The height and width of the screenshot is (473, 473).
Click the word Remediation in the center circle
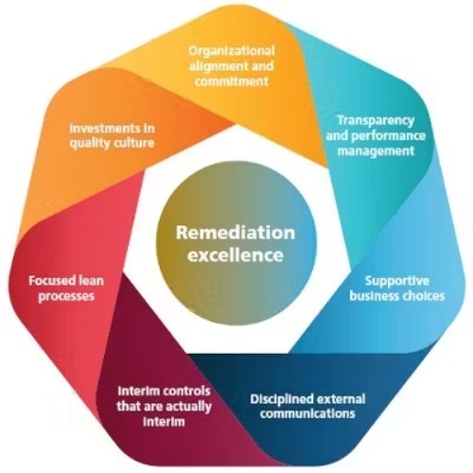pos(236,233)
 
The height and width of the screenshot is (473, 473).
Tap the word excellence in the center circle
pos(236,254)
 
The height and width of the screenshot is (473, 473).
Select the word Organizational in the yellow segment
pos(232,51)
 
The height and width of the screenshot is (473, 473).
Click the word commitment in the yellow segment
pos(232,81)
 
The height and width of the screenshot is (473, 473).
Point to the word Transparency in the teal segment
pos(376,121)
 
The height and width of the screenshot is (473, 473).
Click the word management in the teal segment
pos(376,150)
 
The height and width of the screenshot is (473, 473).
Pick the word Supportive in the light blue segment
pos(397,281)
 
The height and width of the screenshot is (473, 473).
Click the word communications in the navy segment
pos(307,413)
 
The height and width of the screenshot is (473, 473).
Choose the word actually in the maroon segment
pos(188,407)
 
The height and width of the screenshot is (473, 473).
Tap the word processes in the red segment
pos(66,296)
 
